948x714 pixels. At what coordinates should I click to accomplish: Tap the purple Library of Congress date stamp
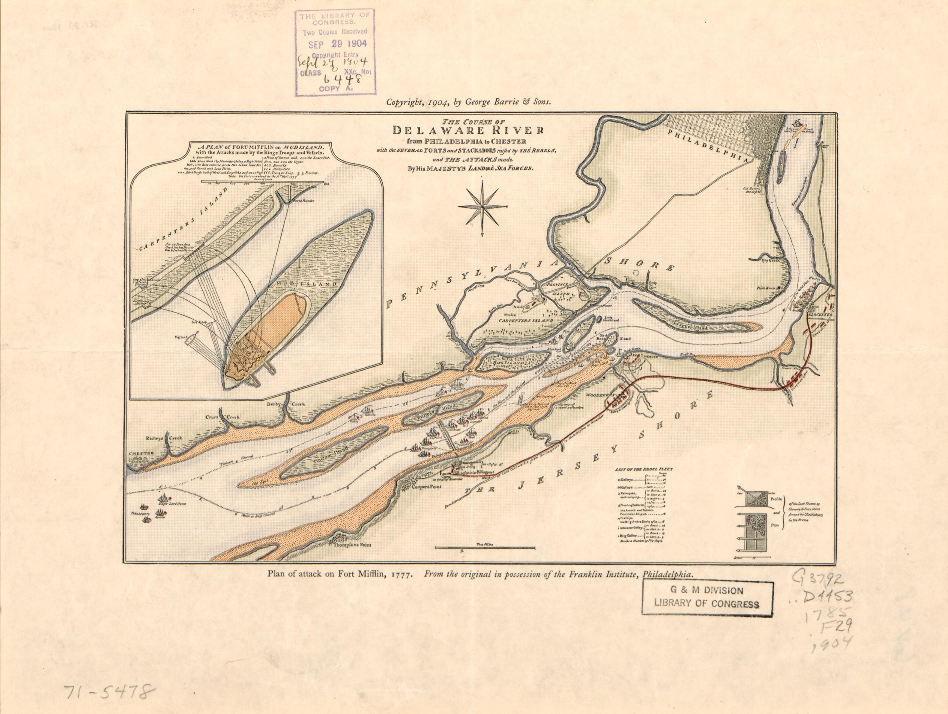[x=335, y=52]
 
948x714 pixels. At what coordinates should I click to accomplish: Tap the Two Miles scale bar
[x=485, y=547]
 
